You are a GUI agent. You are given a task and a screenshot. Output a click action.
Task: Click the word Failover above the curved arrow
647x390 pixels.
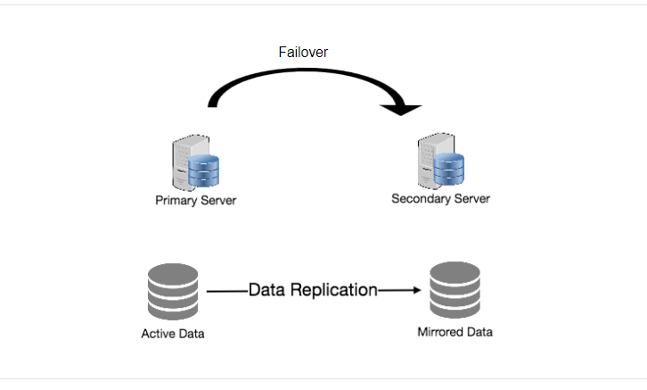point(303,53)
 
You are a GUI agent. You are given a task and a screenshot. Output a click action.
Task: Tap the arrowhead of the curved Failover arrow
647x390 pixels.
point(402,108)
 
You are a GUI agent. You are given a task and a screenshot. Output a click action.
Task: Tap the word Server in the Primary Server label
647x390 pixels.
point(219,200)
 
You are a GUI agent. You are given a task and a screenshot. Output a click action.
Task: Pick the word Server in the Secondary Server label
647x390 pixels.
point(473,197)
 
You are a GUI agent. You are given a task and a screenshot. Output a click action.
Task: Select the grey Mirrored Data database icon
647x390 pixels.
point(455,290)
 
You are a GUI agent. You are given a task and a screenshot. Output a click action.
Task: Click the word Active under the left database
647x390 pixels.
point(160,335)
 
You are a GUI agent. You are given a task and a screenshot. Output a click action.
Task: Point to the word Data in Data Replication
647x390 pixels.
point(266,290)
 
